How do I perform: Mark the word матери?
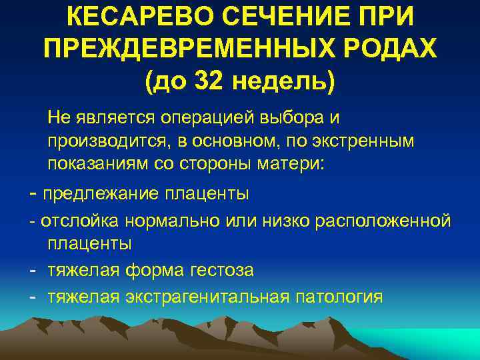pyautogui.click(x=291, y=164)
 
